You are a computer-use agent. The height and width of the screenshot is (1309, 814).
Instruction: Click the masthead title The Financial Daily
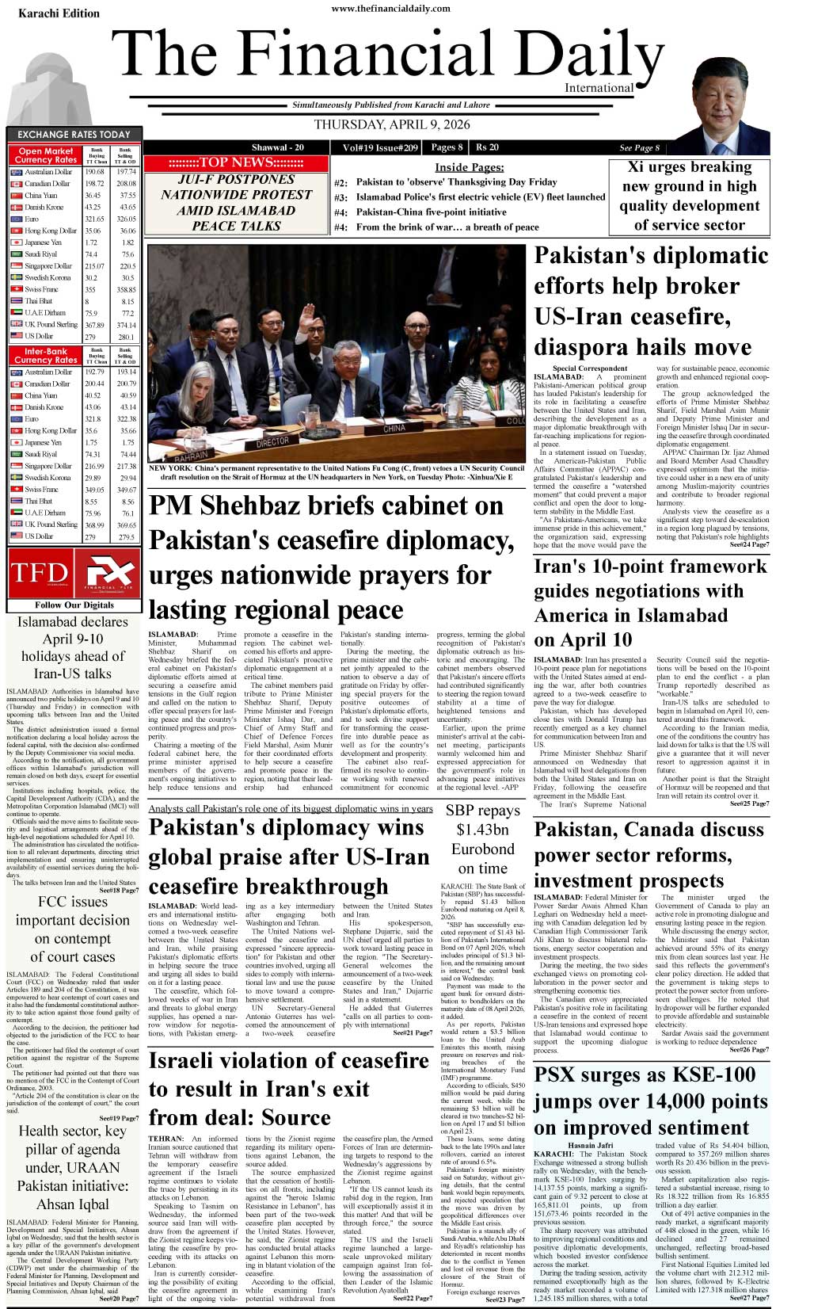click(x=388, y=57)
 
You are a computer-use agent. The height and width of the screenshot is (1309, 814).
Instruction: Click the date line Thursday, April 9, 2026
click(x=392, y=124)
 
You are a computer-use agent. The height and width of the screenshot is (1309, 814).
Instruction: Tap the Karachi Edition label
click(x=59, y=13)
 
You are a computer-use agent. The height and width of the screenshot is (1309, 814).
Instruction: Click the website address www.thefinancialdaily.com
click(x=390, y=9)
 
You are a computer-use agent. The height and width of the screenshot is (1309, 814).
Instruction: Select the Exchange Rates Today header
click(x=74, y=135)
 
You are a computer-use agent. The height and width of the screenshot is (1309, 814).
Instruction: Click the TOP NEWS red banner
click(x=236, y=162)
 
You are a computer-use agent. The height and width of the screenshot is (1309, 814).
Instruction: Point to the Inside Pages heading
click(x=469, y=167)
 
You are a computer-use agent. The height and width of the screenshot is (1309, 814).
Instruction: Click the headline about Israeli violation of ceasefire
click(x=288, y=1088)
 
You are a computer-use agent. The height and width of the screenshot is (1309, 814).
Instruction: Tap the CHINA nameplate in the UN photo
click(x=394, y=428)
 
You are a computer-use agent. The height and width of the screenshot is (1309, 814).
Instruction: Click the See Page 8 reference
click(x=639, y=147)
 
